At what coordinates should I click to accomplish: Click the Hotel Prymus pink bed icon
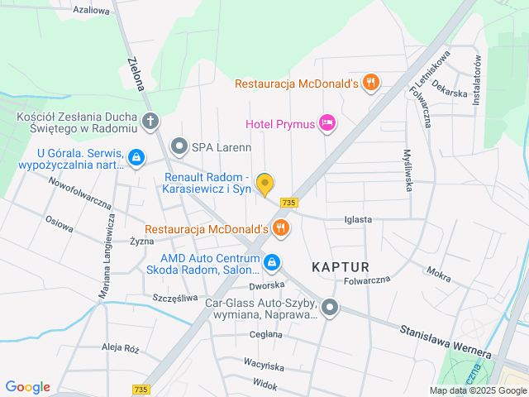328,124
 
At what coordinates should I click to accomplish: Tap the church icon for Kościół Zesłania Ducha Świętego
150,122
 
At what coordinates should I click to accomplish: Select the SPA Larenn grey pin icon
179,147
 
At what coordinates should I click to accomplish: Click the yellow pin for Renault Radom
264,184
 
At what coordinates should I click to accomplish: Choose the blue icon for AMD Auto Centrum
273,264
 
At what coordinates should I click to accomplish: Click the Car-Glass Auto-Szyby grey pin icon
330,309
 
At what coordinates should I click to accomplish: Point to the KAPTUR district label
341,266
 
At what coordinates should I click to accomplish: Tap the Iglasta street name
358,220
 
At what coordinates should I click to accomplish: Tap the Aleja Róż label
120,348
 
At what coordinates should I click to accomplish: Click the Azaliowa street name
91,10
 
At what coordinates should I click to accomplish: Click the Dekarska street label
450,93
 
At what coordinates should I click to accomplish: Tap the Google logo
27,387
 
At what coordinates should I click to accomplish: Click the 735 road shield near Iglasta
288,203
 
